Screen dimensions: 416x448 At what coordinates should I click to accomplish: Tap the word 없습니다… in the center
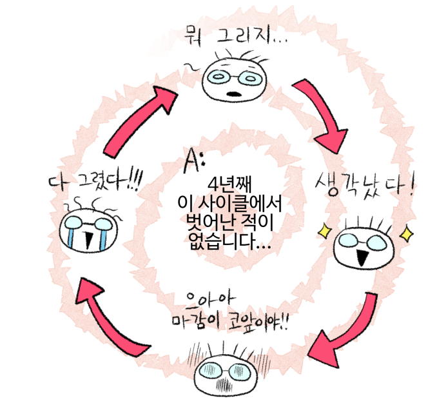230,244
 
